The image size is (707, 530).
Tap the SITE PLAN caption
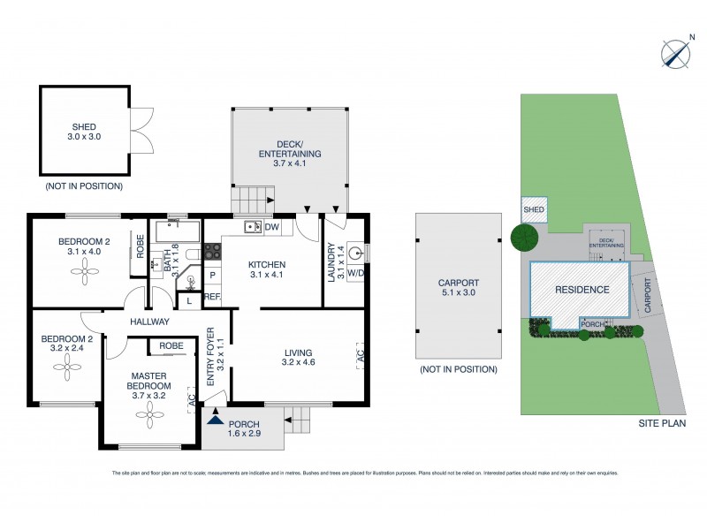(x=662, y=424)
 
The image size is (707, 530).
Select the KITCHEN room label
(x=266, y=264)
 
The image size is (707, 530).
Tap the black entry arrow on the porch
(x=213, y=420)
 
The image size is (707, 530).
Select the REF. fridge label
(x=212, y=298)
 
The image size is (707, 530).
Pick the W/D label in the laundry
(x=355, y=273)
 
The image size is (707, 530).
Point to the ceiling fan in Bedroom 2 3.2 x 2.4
(x=68, y=371)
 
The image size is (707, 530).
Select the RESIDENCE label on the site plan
(x=582, y=290)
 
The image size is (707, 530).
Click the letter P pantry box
(x=212, y=275)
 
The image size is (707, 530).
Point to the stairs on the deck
(x=249, y=200)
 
